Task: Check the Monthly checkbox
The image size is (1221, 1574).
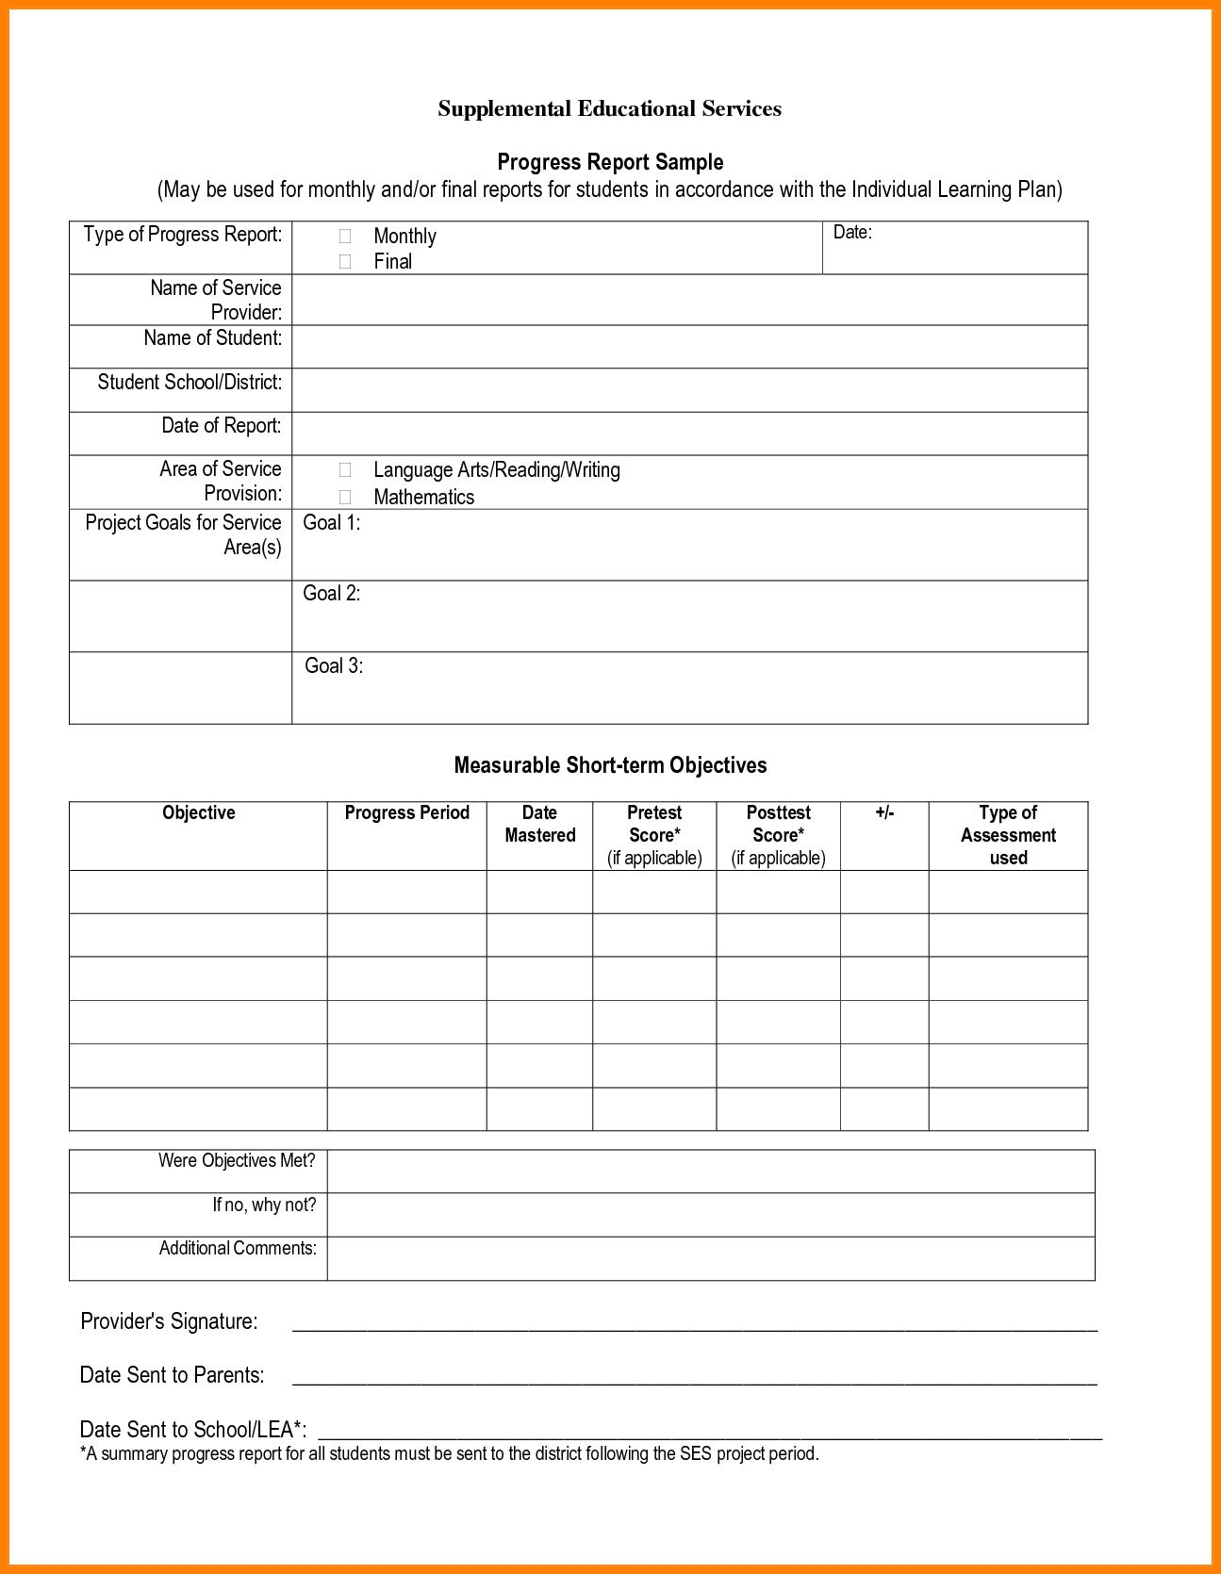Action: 345,236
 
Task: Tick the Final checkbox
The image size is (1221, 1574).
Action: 345,261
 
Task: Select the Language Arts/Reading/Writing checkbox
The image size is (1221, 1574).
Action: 345,469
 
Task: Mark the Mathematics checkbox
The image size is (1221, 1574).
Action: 345,497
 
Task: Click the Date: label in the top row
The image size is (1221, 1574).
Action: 852,233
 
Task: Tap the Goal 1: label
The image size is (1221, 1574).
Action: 331,523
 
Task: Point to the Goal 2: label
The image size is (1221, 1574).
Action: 331,594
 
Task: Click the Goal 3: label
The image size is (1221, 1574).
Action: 334,666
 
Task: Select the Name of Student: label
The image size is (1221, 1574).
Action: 212,338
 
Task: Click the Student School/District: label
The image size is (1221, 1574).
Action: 190,383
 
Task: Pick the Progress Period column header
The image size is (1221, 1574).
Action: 406,813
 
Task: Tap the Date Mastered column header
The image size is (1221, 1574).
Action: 539,824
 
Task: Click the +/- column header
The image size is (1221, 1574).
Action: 884,813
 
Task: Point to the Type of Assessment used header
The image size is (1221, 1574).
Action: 1008,835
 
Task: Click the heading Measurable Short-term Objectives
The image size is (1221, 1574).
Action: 610,765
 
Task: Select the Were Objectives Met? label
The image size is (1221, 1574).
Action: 237,1161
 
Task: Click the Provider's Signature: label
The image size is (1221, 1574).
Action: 169,1321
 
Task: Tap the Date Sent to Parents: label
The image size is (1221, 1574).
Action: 172,1375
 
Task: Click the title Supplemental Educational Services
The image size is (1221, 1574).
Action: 609,109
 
